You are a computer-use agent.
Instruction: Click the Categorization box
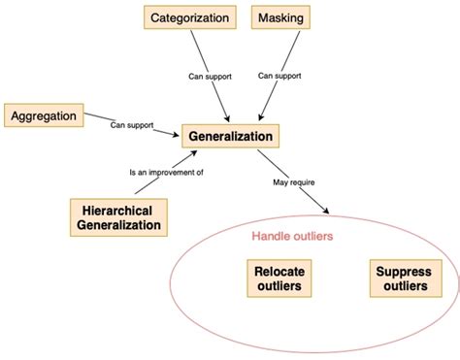click(190, 17)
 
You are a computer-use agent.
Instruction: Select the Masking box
click(280, 17)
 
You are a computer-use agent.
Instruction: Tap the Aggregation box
click(44, 115)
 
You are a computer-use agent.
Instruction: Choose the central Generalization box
click(232, 136)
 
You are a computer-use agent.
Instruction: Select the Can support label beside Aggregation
click(132, 124)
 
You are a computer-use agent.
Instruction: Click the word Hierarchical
click(117, 209)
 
